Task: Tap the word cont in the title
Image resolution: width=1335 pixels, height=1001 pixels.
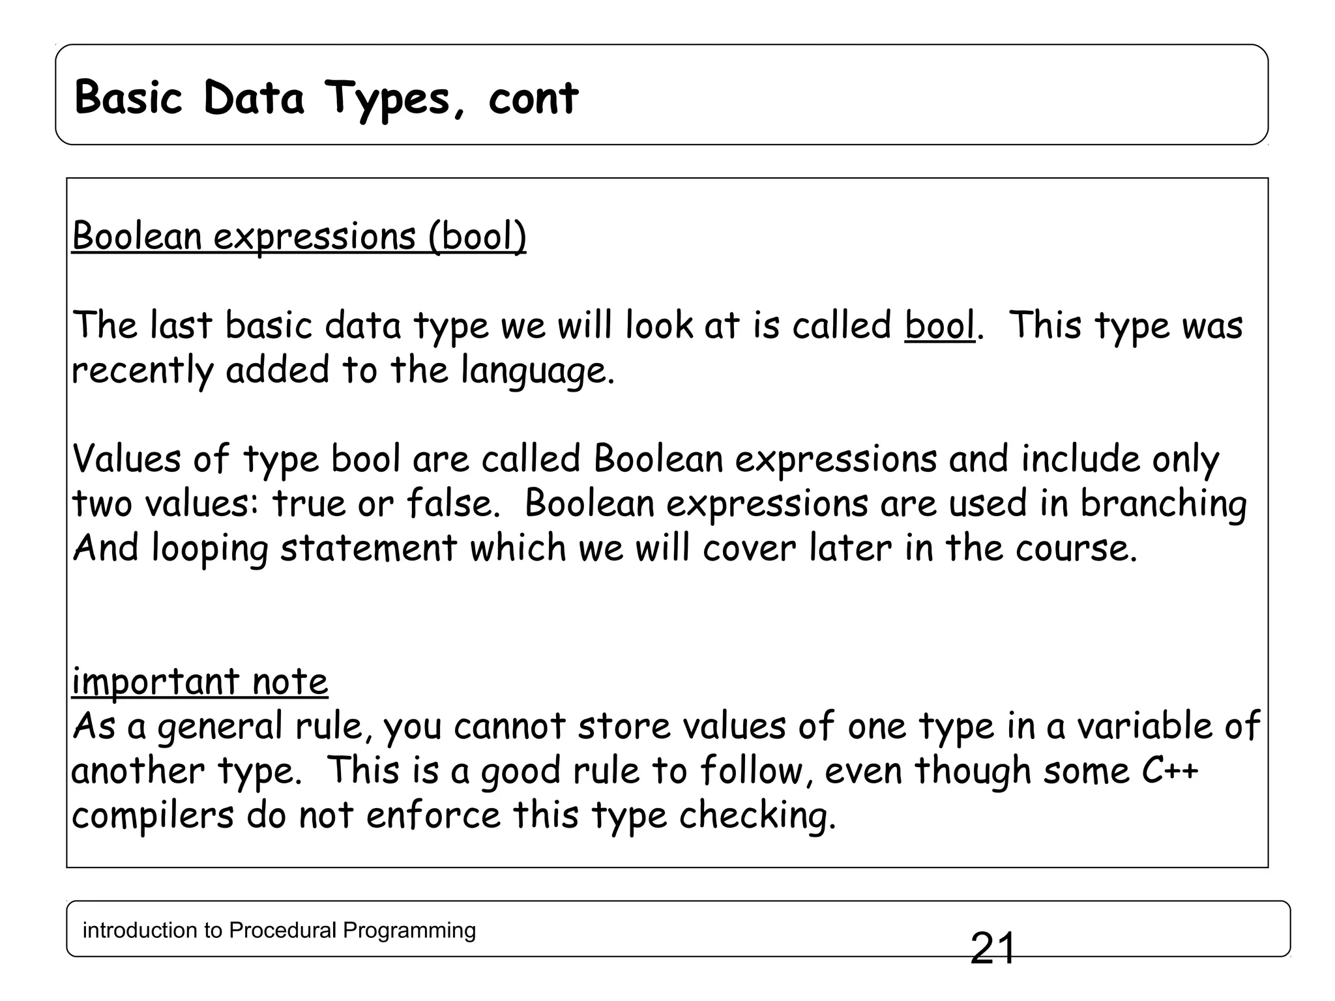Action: (x=533, y=99)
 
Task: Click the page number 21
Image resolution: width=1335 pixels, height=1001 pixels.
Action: (x=992, y=948)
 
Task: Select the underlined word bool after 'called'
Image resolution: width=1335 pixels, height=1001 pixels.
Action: (x=939, y=325)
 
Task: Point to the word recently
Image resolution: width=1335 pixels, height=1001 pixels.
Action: (x=142, y=371)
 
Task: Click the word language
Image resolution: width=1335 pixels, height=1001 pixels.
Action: (x=537, y=371)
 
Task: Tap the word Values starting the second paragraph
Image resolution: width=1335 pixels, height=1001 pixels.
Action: (x=126, y=459)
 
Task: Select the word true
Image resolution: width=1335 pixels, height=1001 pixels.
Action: (x=309, y=503)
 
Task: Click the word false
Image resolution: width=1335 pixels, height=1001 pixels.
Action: (x=449, y=503)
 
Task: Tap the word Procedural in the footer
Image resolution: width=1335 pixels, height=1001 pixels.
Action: (x=284, y=930)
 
